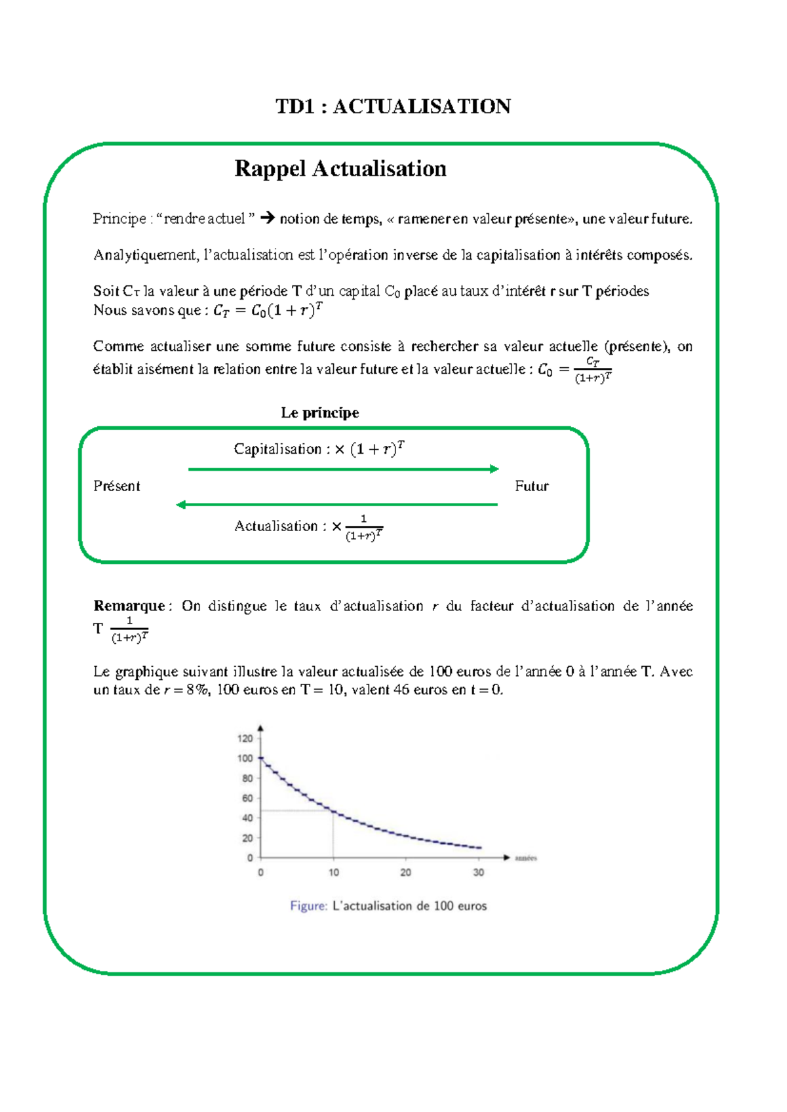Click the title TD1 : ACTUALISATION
pyautogui.click(x=393, y=106)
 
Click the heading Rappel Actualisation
pyautogui.click(x=340, y=169)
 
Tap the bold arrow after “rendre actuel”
pyautogui.click(x=267, y=218)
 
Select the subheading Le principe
pyautogui.click(x=320, y=412)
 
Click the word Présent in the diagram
pyautogui.click(x=117, y=486)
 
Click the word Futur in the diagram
pyautogui.click(x=531, y=486)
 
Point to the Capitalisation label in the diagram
pyautogui.click(x=277, y=449)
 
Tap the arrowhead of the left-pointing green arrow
pyautogui.click(x=181, y=504)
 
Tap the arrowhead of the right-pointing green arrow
pyautogui.click(x=494, y=469)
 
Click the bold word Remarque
pyautogui.click(x=129, y=606)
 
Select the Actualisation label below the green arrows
pyautogui.click(x=276, y=526)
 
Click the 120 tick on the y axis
pyautogui.click(x=245, y=738)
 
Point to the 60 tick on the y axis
pyautogui.click(x=247, y=798)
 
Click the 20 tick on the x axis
pyautogui.click(x=406, y=873)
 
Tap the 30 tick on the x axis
pyautogui.click(x=479, y=873)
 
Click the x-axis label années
pyautogui.click(x=526, y=858)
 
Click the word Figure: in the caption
pyautogui.click(x=308, y=906)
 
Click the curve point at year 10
pyautogui.click(x=334, y=812)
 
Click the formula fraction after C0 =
pyautogui.click(x=593, y=370)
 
